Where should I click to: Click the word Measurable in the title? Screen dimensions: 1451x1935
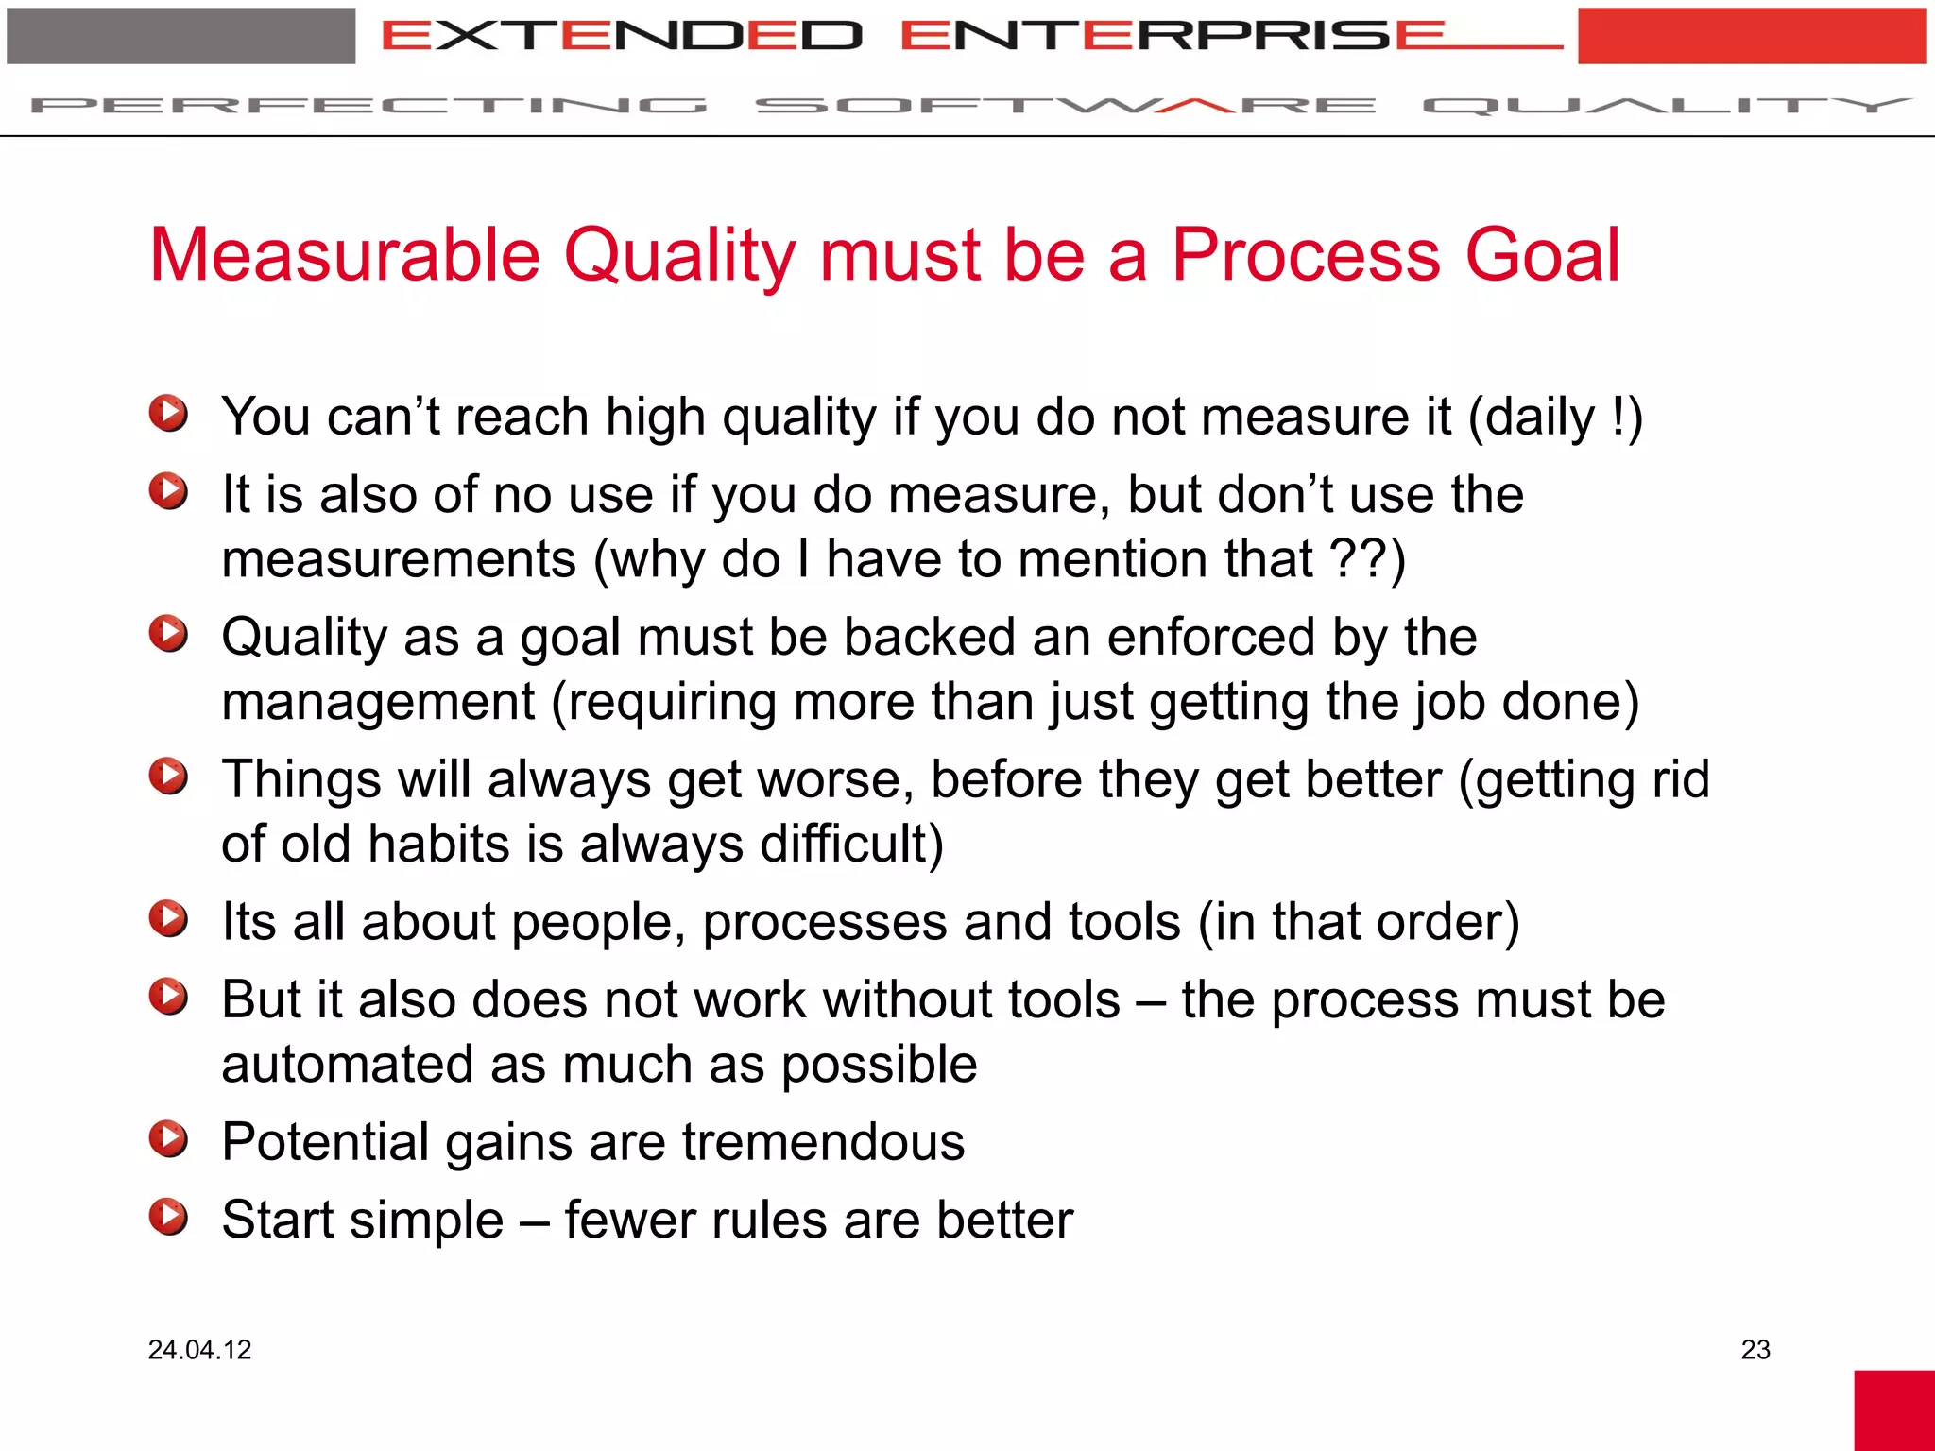(345, 255)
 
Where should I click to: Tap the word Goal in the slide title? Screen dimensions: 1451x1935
(1542, 255)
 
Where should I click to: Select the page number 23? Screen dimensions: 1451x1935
(1755, 1349)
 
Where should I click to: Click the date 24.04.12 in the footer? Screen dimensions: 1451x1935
(199, 1349)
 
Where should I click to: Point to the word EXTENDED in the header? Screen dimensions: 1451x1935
(622, 36)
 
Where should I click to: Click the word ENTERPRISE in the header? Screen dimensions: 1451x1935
(1172, 36)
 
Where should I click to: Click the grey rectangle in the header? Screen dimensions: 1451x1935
(180, 36)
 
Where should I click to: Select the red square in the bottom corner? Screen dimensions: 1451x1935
(1893, 1409)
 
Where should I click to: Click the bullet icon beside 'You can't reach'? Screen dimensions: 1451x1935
(168, 414)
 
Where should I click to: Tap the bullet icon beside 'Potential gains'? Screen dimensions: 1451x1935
(168, 1138)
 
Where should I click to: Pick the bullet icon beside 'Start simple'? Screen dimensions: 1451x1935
(168, 1217)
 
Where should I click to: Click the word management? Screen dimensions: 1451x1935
(378, 702)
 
